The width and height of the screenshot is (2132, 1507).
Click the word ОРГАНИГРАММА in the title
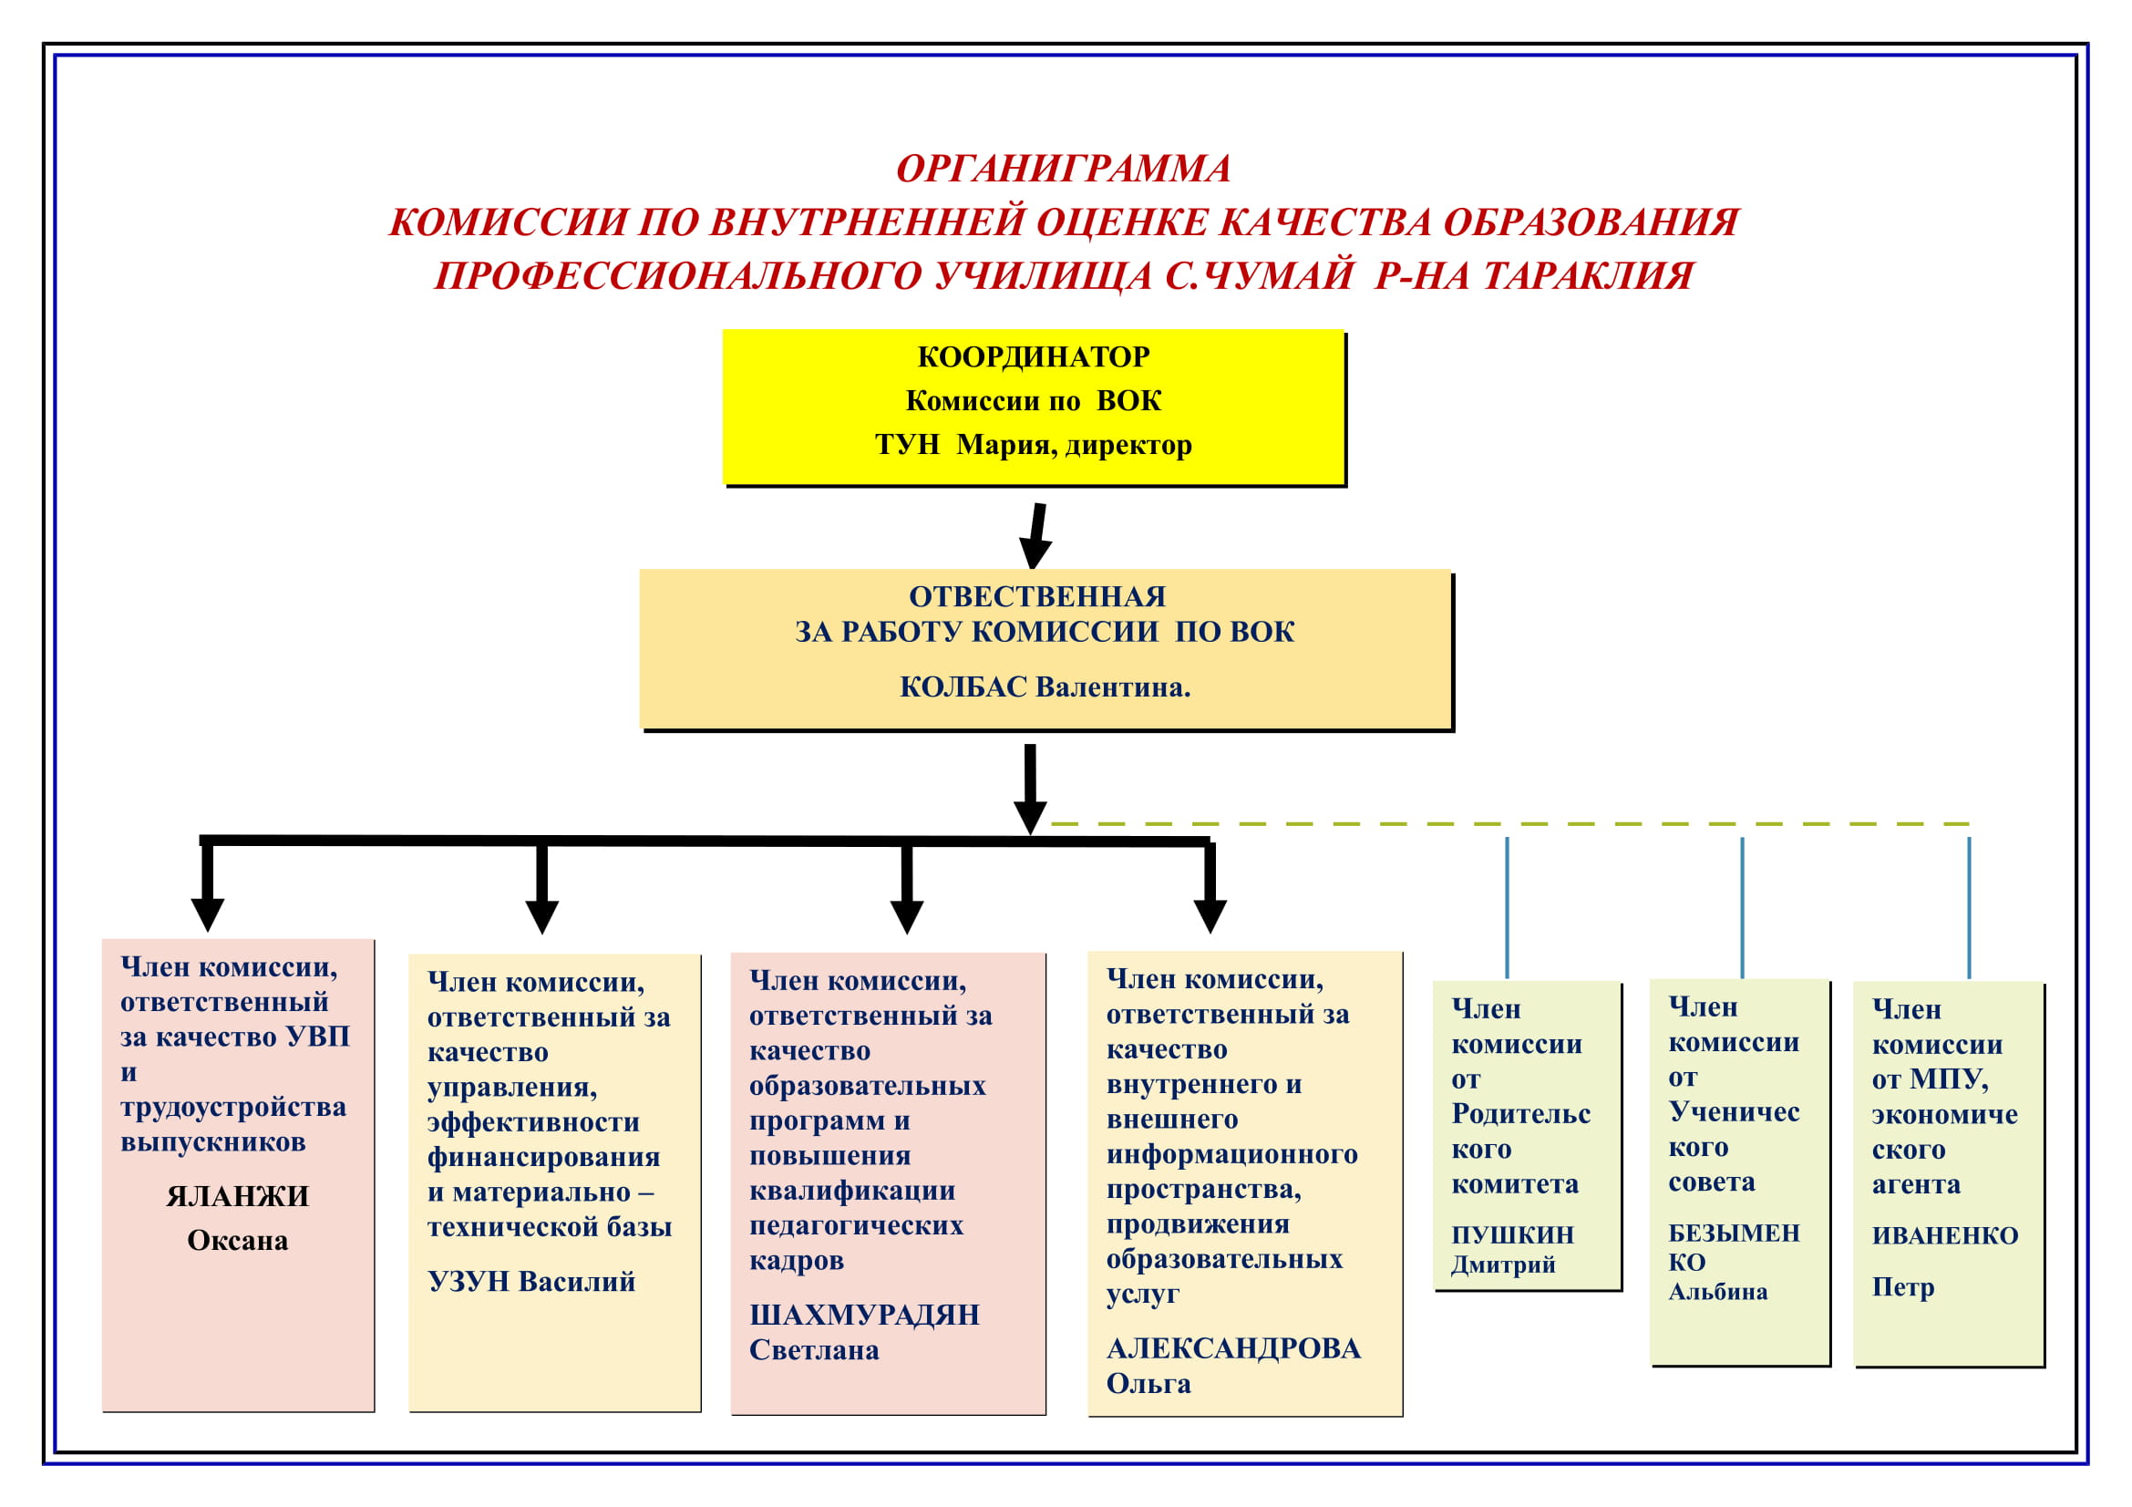coord(1063,169)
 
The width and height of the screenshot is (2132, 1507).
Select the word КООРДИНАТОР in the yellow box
coord(1034,356)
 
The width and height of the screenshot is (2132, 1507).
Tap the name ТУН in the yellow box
coord(907,445)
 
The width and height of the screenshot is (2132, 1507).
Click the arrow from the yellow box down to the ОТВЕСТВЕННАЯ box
coord(1035,536)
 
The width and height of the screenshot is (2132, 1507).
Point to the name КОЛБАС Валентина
coord(1045,687)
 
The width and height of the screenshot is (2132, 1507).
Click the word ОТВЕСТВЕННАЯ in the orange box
coord(1037,596)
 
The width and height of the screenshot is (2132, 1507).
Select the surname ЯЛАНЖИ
coord(238,1196)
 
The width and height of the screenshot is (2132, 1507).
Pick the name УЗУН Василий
coord(531,1282)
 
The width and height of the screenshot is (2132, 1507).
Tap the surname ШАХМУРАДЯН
coord(864,1315)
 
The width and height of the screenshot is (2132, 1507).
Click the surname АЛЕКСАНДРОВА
coord(1233,1348)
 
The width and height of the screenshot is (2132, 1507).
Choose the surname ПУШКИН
coord(1513,1235)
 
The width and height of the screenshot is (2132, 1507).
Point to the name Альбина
coord(1718,1292)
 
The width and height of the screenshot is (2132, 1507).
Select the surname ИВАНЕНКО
coord(1944,1236)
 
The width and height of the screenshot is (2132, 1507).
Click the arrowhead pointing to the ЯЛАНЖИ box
coord(208,914)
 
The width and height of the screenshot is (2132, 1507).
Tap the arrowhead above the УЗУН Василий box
coord(542,916)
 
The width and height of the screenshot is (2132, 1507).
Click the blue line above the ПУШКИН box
coord(1507,907)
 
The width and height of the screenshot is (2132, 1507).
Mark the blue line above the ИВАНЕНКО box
coord(1970,907)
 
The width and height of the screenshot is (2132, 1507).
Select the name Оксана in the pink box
coord(238,1241)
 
